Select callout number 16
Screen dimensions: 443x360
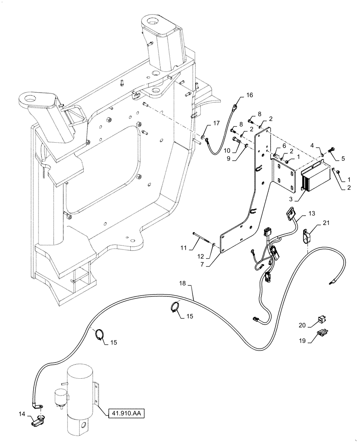pos(249,95)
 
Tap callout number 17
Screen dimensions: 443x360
pos(216,124)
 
